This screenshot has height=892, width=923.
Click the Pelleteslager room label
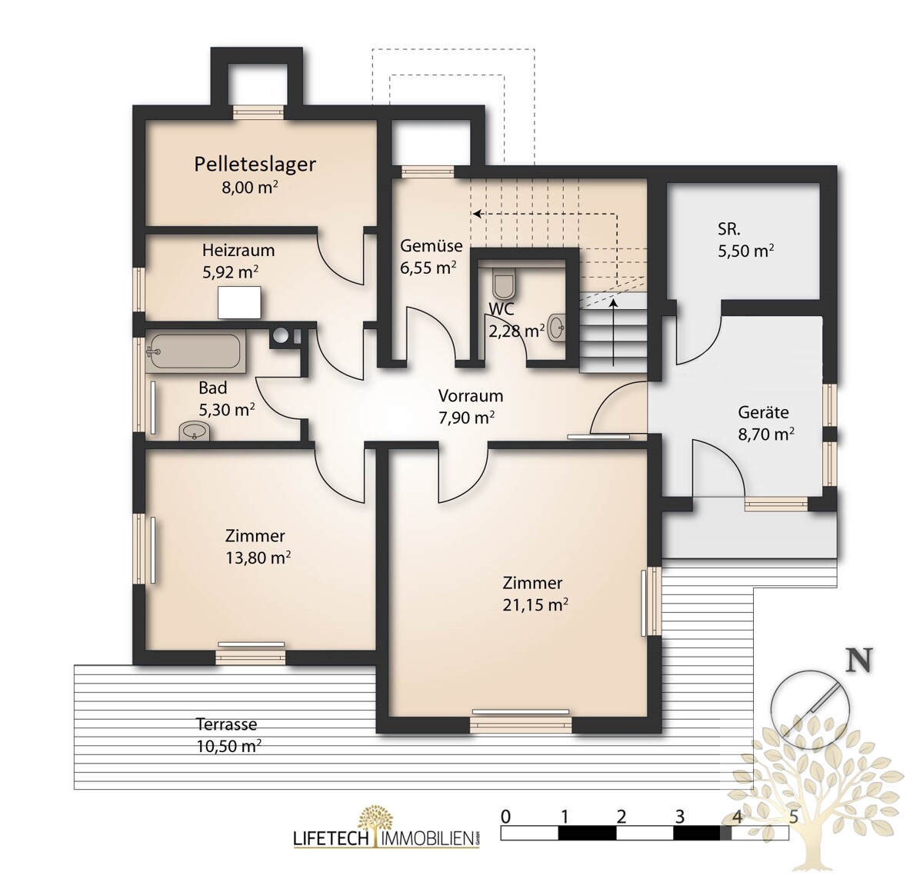tap(255, 164)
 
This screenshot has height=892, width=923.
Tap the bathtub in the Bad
tap(196, 352)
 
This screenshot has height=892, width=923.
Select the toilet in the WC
tap(503, 283)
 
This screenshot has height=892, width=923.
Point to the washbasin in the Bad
tap(195, 431)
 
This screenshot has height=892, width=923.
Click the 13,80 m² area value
tap(258, 557)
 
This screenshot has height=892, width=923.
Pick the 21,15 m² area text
tap(535, 604)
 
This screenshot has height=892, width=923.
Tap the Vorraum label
tap(471, 395)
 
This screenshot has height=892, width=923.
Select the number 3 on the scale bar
tap(679, 817)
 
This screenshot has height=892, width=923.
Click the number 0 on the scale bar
tap(505, 817)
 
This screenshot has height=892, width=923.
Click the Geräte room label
tap(763, 413)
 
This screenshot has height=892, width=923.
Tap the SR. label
tap(728, 229)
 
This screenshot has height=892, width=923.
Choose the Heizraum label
tap(238, 251)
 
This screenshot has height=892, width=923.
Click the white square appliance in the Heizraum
tap(239, 302)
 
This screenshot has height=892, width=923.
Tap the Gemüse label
tap(432, 245)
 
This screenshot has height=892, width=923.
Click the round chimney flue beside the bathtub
tap(280, 334)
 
